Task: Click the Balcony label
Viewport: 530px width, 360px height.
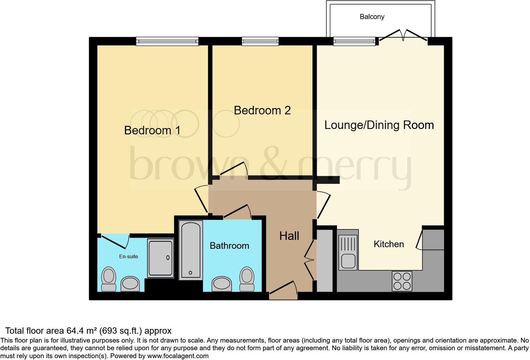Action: [372, 17]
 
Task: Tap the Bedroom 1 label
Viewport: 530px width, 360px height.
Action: [152, 130]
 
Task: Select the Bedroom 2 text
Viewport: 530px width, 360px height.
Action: [262, 111]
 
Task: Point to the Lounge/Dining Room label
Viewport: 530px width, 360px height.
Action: [379, 125]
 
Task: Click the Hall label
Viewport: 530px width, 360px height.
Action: [289, 236]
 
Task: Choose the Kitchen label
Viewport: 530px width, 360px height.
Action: [389, 244]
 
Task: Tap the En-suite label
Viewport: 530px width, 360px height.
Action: [128, 256]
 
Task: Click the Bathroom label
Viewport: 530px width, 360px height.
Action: [229, 246]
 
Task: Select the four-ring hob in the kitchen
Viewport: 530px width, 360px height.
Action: [402, 281]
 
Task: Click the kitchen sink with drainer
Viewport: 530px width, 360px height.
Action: [348, 252]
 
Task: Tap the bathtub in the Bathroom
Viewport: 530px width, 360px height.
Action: [191, 250]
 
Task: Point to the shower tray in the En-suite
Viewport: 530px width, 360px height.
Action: [160, 258]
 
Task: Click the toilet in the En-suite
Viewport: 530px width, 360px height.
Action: [109, 279]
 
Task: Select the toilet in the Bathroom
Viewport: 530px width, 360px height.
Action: [247, 279]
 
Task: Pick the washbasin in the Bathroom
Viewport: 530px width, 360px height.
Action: [222, 284]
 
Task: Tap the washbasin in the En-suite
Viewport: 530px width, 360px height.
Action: [130, 284]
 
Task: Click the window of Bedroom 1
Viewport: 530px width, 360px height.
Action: [167, 42]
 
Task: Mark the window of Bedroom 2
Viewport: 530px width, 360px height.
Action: [260, 42]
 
